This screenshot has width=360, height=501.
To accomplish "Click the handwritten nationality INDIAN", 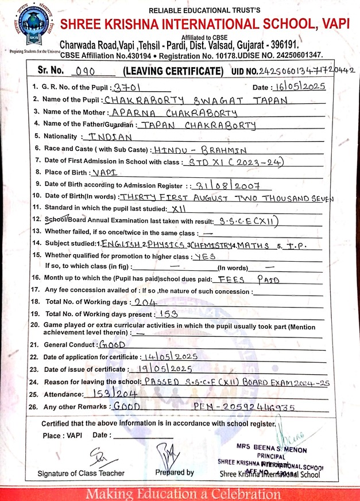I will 107,137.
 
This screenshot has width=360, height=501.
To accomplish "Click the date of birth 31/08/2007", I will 230,185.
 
